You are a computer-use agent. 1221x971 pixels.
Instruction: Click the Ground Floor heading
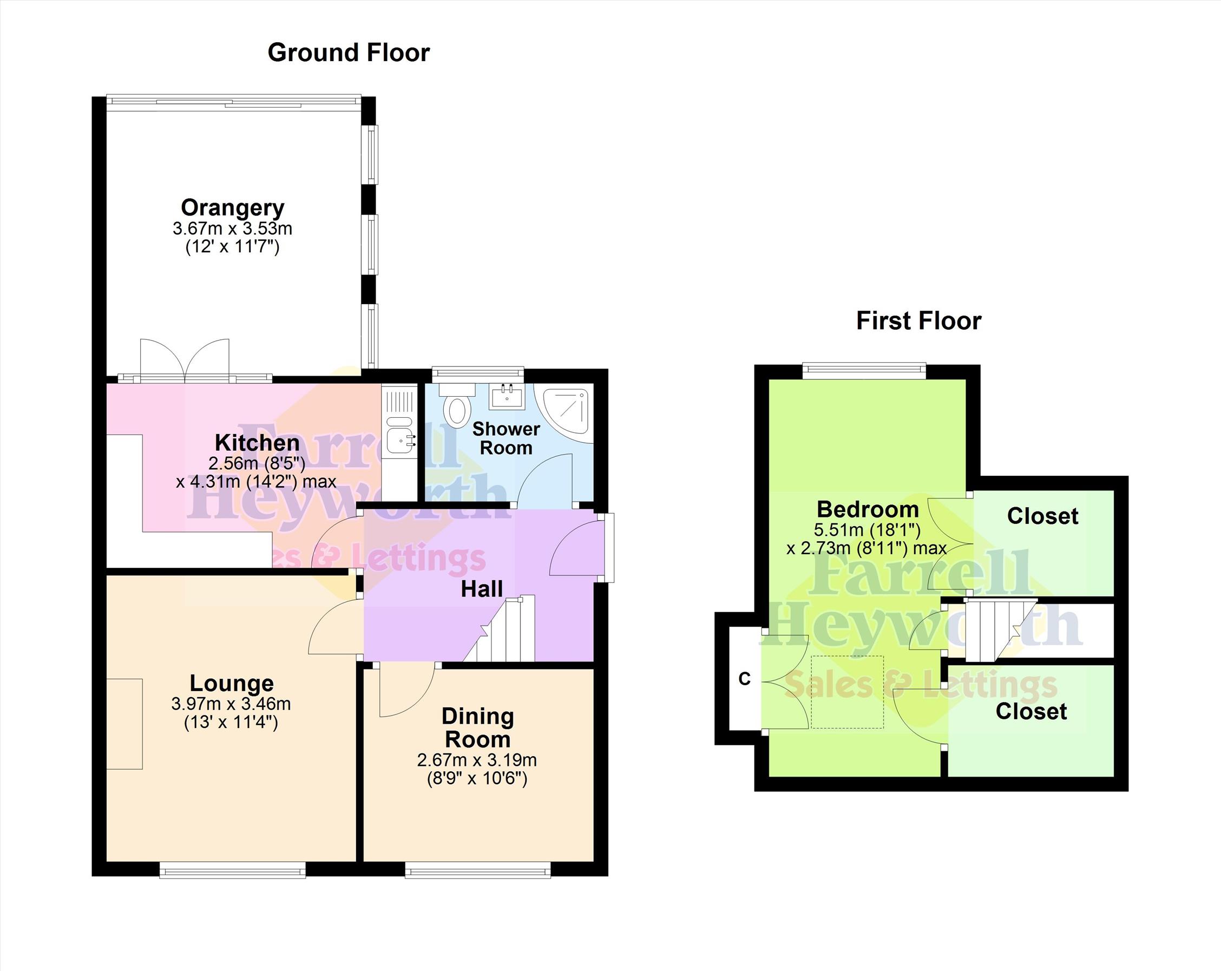click(349, 53)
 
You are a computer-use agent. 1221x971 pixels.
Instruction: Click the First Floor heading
click(918, 320)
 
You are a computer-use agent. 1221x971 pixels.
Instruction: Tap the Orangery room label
click(232, 208)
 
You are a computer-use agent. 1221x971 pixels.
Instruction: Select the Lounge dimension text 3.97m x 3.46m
click(231, 704)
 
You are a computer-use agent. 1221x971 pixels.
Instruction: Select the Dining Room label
click(477, 728)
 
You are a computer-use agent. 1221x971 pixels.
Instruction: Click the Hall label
click(481, 589)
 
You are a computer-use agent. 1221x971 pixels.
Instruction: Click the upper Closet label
click(1042, 516)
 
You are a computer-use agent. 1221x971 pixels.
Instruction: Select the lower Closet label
click(1031, 712)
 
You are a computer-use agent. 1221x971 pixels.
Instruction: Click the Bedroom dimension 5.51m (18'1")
click(867, 530)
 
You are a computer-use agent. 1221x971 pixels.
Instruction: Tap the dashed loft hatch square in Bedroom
click(847, 692)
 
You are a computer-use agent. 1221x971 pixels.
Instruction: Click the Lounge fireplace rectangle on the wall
click(124, 724)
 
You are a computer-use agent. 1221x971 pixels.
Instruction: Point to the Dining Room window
click(478, 870)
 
